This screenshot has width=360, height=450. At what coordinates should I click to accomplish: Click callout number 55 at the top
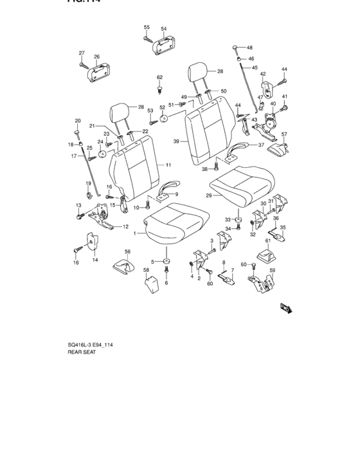tap(147, 28)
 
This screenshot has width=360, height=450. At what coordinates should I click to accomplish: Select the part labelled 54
tap(161, 43)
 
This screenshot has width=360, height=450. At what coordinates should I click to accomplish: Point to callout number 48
tap(249, 48)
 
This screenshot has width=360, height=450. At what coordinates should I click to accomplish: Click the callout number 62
tap(159, 78)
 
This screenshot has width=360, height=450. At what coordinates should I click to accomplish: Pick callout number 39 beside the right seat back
tap(175, 141)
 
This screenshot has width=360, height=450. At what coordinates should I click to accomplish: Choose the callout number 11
tap(168, 165)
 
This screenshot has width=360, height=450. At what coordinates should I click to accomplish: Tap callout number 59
tap(272, 270)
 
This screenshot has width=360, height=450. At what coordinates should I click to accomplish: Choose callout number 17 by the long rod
tap(74, 156)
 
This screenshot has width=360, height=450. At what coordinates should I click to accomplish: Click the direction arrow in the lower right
tap(286, 308)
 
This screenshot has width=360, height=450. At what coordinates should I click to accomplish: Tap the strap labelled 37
tap(240, 150)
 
